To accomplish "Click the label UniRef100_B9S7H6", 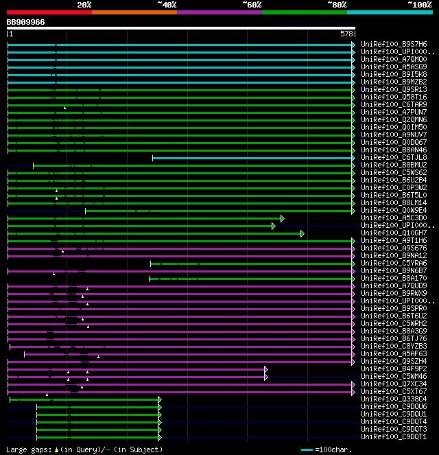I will point(394,44).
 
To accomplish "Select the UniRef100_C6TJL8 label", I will point(394,157).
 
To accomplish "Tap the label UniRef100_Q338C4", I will point(394,399).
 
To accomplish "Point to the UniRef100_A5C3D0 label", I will point(394,218).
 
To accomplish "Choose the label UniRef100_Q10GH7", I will point(394,233).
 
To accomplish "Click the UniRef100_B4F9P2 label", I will point(394,369).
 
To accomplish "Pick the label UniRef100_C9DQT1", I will point(394,436).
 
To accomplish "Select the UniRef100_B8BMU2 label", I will point(394,165).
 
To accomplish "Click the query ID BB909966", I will point(26,22).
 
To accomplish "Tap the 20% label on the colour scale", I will point(84,5).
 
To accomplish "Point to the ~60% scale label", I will point(252,5).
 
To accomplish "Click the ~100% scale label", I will point(419,5).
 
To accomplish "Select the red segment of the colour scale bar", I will point(49,12).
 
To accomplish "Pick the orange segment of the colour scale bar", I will point(134,12).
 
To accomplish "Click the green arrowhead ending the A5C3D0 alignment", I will point(282,218).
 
